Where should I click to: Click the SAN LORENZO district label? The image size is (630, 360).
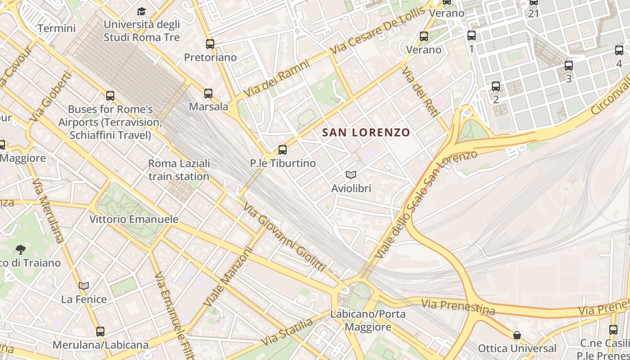coord(366,132)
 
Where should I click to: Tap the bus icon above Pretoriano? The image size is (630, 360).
coord(210,44)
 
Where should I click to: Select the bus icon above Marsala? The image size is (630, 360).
coord(208,94)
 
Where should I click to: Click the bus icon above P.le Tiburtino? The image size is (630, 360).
coord(283,150)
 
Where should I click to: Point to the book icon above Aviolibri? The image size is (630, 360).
coord(351,175)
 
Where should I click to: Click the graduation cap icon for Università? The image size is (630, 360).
coord(142,11)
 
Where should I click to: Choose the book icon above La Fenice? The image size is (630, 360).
coord(84,286)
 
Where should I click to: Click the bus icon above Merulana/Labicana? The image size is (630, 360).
coord(100,332)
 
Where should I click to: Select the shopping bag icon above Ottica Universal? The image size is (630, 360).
coord(517,335)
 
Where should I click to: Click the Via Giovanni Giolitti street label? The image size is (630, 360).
coord(284,237)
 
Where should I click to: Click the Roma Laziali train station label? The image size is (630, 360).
coord(179,170)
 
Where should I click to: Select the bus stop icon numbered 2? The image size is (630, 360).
coord(496,86)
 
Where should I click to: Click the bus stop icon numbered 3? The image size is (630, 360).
coord(569,66)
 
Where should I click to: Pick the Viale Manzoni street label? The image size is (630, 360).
coord(228,277)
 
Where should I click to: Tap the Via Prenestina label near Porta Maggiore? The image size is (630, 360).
coord(458,307)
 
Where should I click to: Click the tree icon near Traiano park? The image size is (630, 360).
coord(20,249)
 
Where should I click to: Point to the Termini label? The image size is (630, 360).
coord(56,28)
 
